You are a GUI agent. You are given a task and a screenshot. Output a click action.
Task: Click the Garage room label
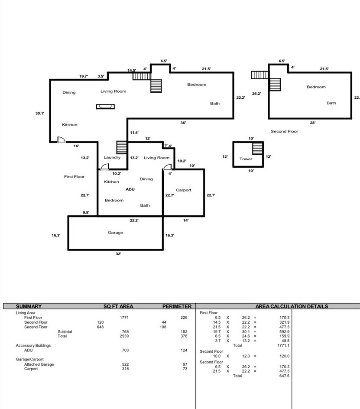point(115,233)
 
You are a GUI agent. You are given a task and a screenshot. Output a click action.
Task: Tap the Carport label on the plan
point(183,190)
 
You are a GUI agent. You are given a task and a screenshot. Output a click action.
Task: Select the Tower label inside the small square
point(246,159)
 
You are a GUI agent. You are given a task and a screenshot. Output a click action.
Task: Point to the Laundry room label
point(112,157)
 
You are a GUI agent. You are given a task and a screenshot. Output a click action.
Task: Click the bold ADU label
point(130,189)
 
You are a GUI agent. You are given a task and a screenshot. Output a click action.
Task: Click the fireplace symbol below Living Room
point(105,107)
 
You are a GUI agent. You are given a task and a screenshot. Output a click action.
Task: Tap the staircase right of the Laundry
point(122,147)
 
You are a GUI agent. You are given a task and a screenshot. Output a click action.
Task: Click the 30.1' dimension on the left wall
point(40,113)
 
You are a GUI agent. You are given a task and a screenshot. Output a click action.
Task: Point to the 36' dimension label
point(183,123)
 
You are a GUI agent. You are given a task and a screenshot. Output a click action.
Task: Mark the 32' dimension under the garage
point(118,254)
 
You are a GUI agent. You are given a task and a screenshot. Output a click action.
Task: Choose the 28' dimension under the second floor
point(313,123)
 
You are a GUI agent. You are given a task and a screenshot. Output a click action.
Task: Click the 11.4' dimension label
point(134,133)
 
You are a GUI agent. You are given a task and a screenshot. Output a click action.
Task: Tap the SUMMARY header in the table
point(29,306)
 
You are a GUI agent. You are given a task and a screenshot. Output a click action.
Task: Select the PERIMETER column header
point(177,306)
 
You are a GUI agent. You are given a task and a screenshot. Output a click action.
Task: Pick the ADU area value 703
point(125,350)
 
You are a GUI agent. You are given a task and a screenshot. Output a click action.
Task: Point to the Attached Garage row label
point(39,364)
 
